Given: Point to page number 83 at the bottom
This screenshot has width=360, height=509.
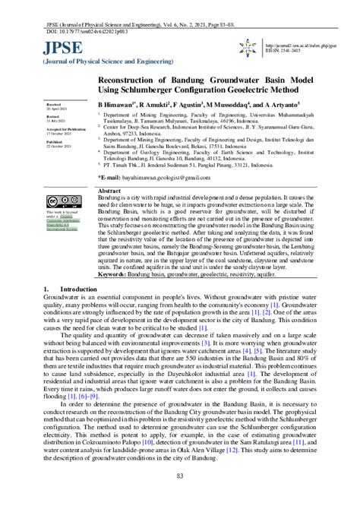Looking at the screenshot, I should coord(180,496).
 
